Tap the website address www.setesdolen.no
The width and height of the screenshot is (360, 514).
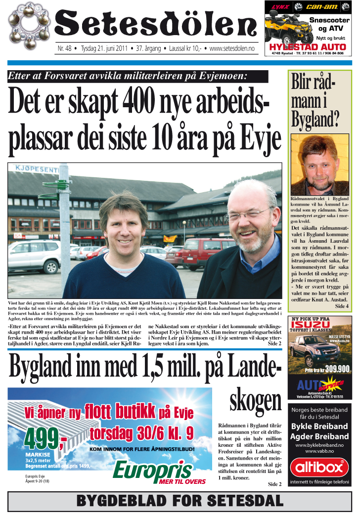pos(232,49)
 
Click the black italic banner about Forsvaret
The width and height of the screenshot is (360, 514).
pos(138,77)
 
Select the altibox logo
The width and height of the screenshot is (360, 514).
pos(319,467)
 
